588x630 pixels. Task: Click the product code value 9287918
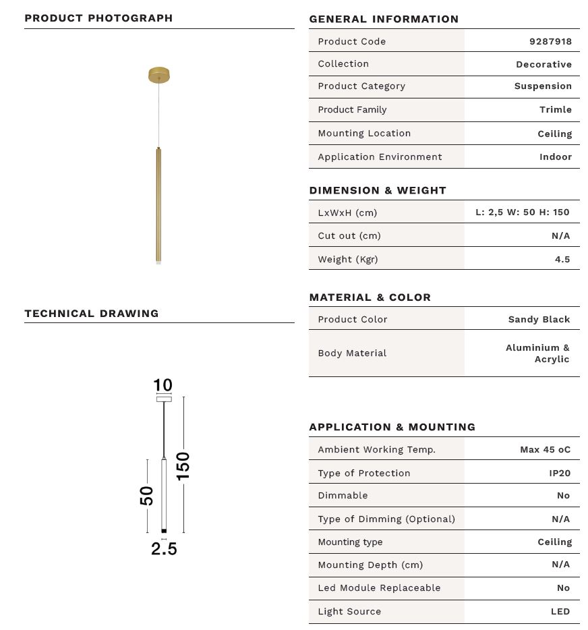[x=550, y=41]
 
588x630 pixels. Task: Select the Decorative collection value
[x=543, y=64]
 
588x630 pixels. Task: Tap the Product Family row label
[x=352, y=109]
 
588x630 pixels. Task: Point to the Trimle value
[x=555, y=109]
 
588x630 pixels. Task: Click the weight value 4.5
[x=562, y=259]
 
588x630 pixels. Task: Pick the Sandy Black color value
[x=539, y=319]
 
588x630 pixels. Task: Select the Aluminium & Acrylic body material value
[x=538, y=353]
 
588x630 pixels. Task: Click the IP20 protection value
[x=559, y=473]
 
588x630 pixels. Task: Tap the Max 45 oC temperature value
[x=545, y=449]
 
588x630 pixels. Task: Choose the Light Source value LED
[x=560, y=611]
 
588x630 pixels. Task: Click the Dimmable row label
[x=343, y=495]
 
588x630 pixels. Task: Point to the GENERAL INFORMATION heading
[x=384, y=19]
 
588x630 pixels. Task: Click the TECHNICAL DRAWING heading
[x=92, y=313]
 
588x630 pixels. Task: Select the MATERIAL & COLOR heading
[x=370, y=297]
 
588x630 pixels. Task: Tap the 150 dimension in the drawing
[x=183, y=465]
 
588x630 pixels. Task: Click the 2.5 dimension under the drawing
[x=164, y=548]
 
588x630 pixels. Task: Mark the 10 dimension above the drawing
[x=163, y=385]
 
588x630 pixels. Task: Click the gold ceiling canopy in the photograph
[x=158, y=74]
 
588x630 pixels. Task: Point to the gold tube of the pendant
[x=158, y=202]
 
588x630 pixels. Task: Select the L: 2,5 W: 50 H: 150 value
[x=522, y=212]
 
